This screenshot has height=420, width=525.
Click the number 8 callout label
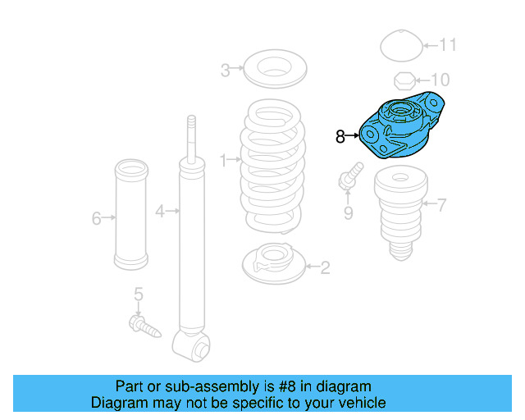pos(340,137)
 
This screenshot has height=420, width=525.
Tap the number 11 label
pos(447,44)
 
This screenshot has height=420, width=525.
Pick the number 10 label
pos(441,80)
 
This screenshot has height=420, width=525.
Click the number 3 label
pos(226,70)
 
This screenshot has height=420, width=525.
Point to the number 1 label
pos(222,158)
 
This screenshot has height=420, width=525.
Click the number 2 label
pos(325,267)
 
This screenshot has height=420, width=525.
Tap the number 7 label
pos(442,204)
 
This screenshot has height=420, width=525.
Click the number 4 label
pos(161,211)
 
